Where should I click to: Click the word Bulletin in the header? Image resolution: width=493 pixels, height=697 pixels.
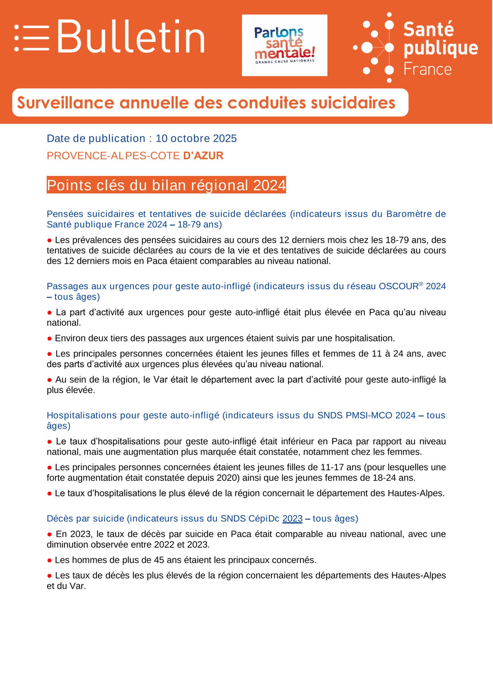pos(131,37)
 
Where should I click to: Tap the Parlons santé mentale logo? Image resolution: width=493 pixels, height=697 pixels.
pos(284,45)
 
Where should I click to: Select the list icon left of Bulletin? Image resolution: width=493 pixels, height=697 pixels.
pos(32,38)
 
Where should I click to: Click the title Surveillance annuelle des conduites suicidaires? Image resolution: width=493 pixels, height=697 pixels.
pos(206,103)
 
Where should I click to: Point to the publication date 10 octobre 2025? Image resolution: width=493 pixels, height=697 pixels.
pos(196,138)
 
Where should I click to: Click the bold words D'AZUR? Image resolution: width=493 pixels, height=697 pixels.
pos(203,155)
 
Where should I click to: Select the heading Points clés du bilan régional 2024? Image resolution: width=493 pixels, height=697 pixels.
pos(166,185)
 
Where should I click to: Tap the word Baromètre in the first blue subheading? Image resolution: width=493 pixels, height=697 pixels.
pos(409,214)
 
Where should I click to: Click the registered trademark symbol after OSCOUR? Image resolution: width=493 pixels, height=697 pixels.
pos(421,284)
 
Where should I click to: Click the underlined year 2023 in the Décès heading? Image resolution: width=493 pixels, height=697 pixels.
pos(292,519)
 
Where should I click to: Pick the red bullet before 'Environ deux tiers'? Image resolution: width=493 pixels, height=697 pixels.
pos(49,338)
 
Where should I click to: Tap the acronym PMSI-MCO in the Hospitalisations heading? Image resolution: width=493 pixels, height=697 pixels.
pos(369,415)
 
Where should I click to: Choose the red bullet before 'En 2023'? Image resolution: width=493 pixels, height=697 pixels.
pos(49,534)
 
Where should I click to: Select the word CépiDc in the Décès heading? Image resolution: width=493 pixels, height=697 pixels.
pos(264,519)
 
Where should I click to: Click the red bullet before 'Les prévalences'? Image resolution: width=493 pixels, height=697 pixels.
pos(49,240)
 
